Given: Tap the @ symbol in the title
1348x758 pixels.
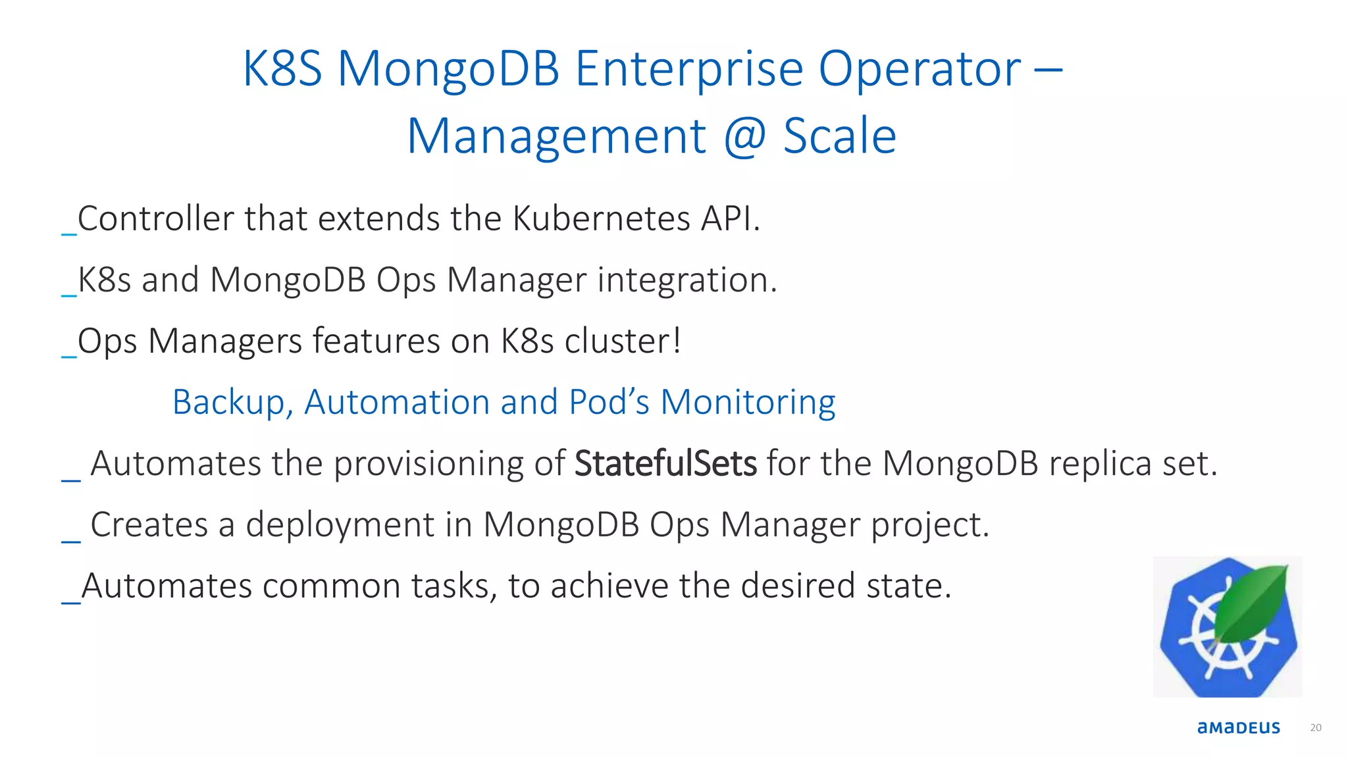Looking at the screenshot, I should pyautogui.click(x=745, y=136).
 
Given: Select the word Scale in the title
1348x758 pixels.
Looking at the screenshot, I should pyautogui.click(x=840, y=136).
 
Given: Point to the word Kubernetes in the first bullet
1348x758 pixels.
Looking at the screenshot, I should pyautogui.click(x=602, y=218).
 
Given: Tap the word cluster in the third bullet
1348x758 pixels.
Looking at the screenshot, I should pyautogui.click(x=622, y=341).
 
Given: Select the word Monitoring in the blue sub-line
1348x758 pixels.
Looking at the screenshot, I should pyautogui.click(x=748, y=402).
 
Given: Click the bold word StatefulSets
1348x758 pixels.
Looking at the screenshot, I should pyautogui.click(x=665, y=463).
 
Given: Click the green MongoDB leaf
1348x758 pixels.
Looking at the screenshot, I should pyautogui.click(x=1251, y=602).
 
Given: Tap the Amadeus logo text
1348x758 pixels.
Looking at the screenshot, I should pyautogui.click(x=1239, y=728).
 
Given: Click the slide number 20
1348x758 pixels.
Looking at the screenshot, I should pyautogui.click(x=1316, y=728).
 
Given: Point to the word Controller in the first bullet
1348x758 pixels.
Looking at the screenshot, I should pyautogui.click(x=155, y=218).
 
